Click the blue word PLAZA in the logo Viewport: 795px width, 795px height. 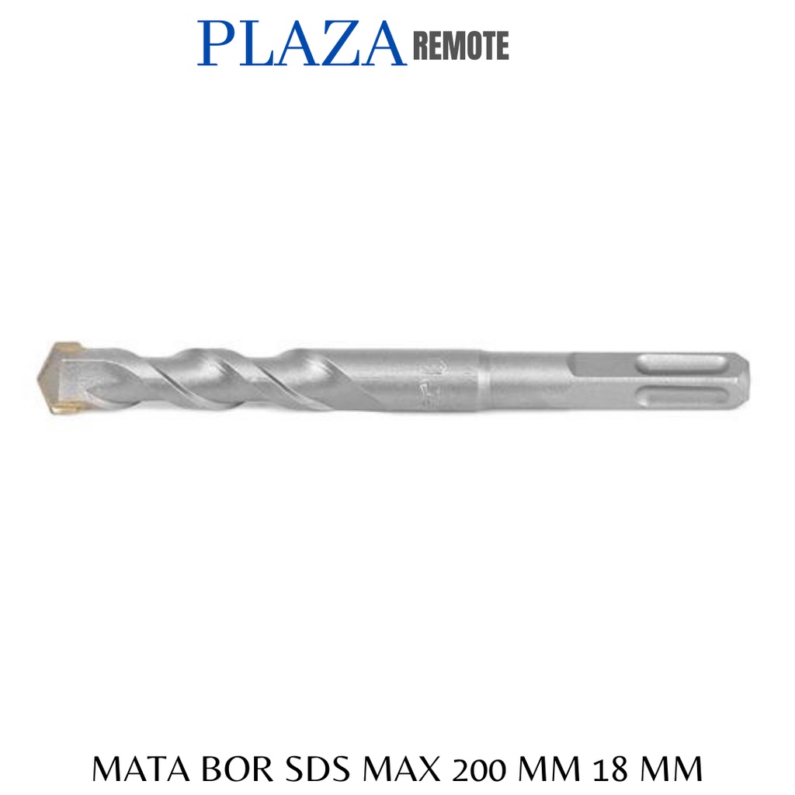302,43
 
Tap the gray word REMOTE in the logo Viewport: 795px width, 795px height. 461,46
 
